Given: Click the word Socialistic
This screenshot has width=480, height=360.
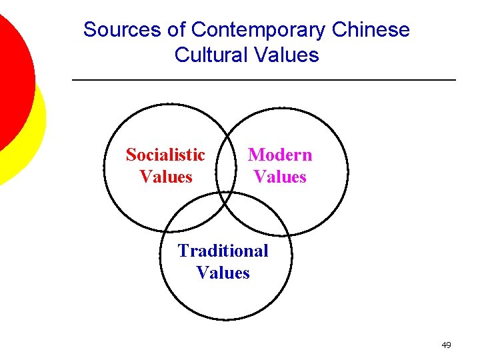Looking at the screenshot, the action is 165,155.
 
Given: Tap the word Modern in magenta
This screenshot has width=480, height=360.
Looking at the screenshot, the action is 280,155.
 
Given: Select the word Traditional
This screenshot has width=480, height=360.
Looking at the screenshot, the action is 223,251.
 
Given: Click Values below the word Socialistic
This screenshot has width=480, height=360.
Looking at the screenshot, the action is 166,177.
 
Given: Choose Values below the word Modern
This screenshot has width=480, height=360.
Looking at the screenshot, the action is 280,177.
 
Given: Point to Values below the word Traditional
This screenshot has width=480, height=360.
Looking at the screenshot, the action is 223,273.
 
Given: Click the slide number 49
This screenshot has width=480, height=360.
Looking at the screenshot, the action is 446,345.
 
